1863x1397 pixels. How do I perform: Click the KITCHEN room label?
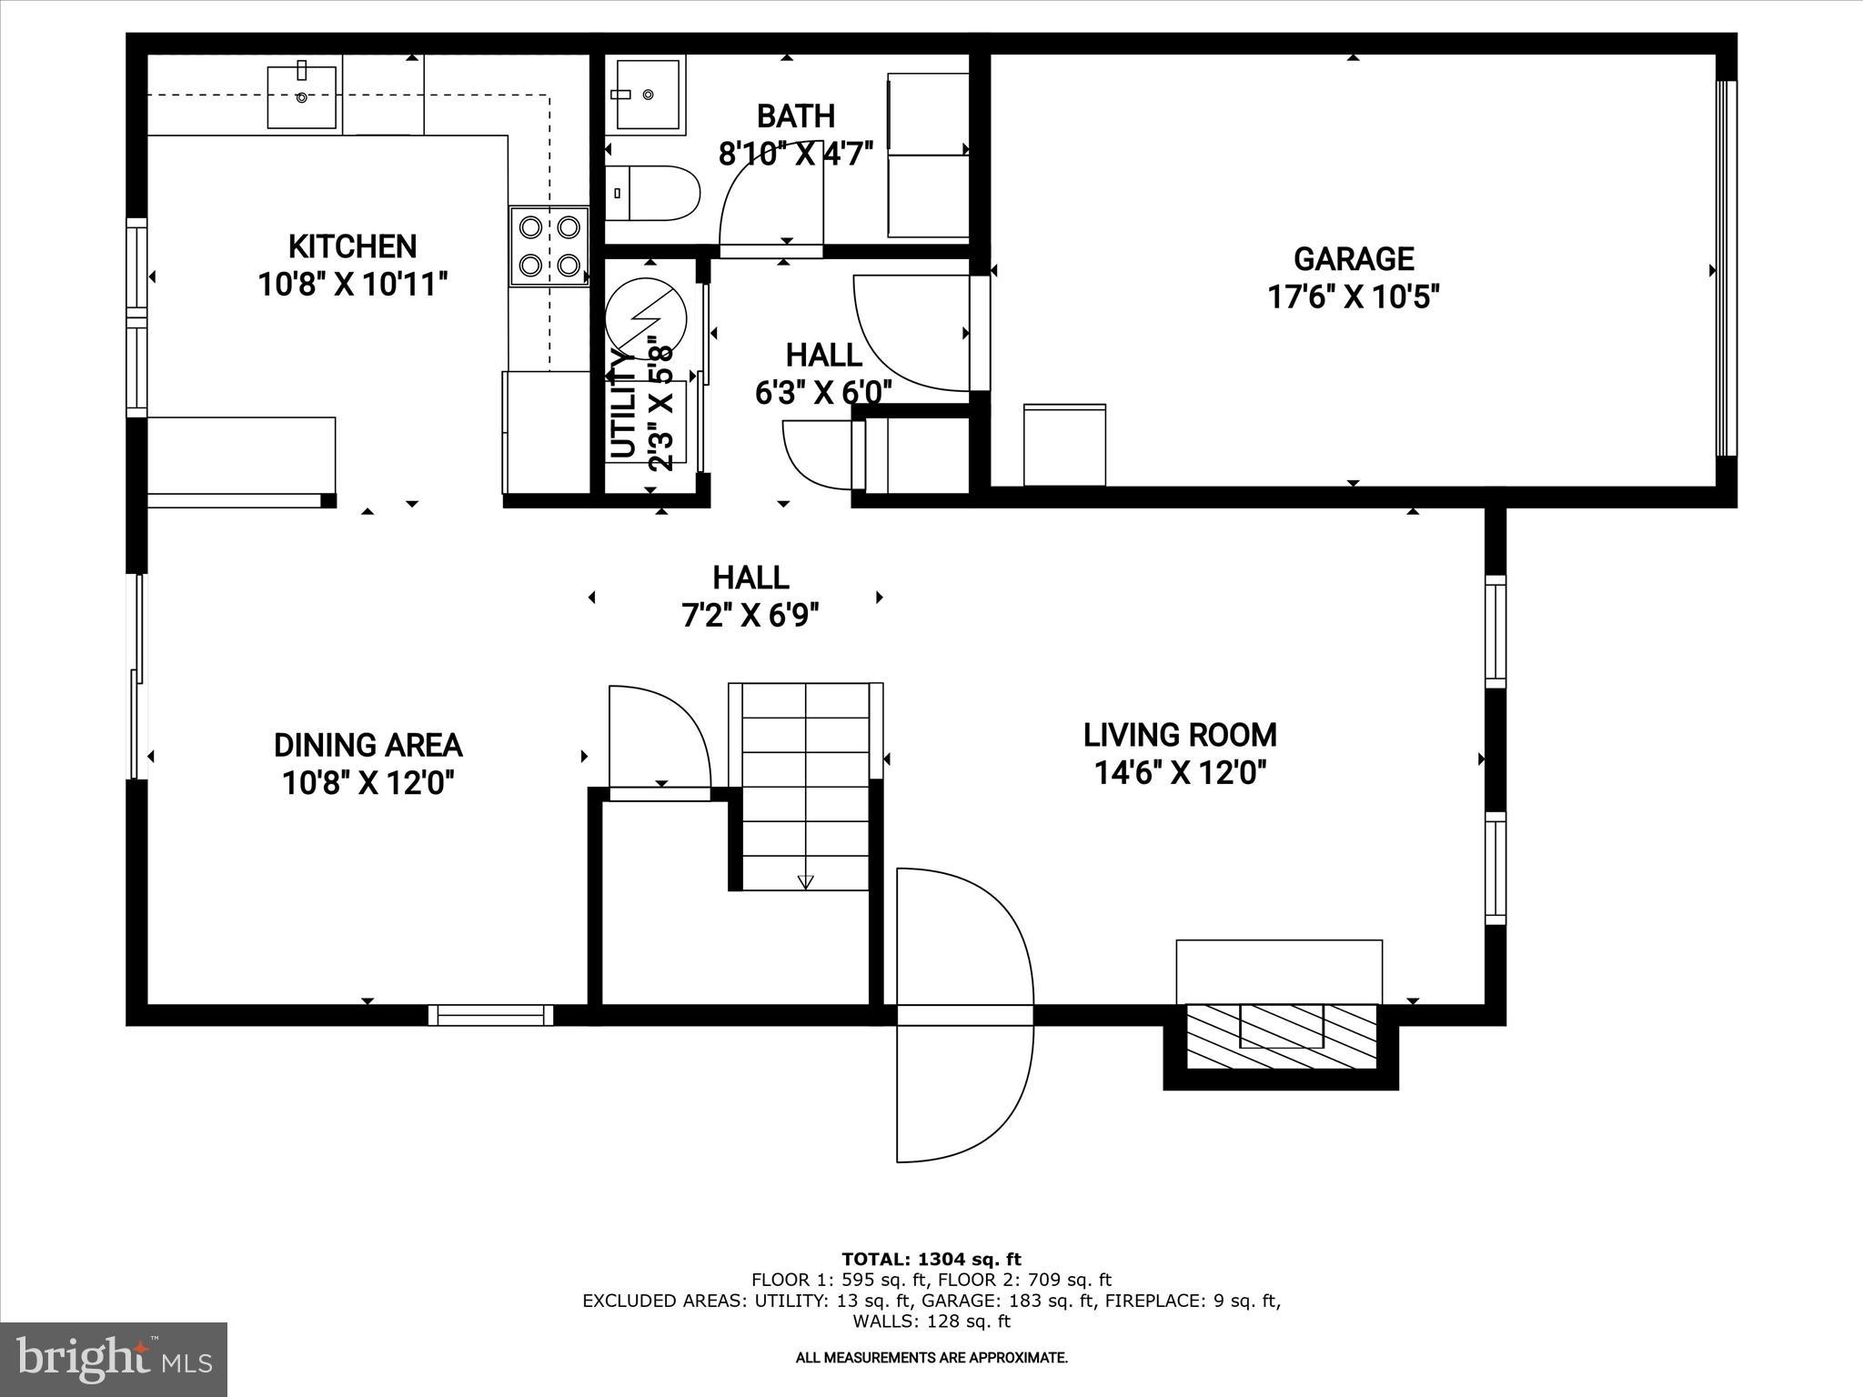coord(352,246)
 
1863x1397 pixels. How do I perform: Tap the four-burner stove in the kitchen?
coord(549,246)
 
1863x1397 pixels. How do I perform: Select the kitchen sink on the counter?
coord(302,96)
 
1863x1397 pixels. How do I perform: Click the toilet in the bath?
coord(651,193)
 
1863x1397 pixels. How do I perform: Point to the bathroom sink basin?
coord(648,95)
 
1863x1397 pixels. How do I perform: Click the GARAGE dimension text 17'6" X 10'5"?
coord(1353,297)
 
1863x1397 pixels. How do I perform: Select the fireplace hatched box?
coord(1281,1037)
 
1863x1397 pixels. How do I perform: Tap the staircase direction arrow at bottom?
coord(805,880)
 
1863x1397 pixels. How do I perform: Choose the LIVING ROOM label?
coord(1180,735)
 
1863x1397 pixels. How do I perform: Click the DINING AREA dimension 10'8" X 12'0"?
coord(368,782)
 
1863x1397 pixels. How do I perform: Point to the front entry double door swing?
coord(964,1014)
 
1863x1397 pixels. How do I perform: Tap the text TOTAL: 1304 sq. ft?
coord(931,1260)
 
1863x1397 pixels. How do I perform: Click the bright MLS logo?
coord(114,1359)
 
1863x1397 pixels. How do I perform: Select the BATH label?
coord(795,116)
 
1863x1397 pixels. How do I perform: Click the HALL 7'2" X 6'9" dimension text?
coord(750,617)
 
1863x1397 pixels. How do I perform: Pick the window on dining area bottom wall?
coord(491,1015)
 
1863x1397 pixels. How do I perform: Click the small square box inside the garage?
coord(1064,445)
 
